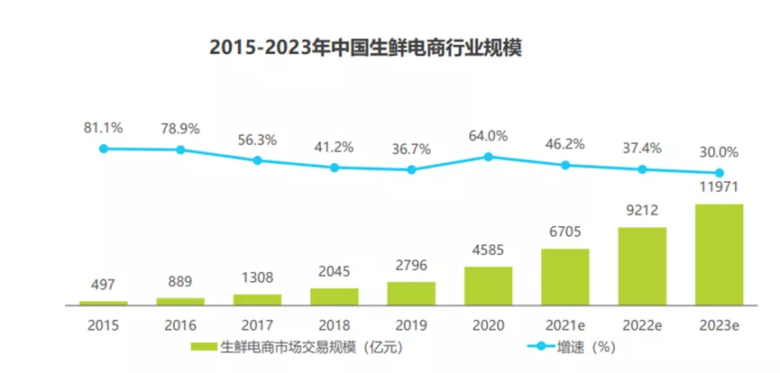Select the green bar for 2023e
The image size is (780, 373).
coord(720,255)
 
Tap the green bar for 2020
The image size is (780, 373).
coord(488,286)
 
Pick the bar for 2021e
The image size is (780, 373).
coord(565,277)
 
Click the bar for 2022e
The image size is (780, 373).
coord(642,266)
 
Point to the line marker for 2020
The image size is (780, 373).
coord(488,156)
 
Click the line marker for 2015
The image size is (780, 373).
coord(104,149)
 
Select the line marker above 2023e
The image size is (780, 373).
coord(720,173)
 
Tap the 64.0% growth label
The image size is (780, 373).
coord(488,136)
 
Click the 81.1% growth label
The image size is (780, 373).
coord(104,128)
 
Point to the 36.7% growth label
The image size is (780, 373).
coord(411,148)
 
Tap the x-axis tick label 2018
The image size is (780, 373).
coord(335,322)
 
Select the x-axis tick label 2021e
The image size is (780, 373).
coord(565,322)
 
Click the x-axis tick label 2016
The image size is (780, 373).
coord(180,322)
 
